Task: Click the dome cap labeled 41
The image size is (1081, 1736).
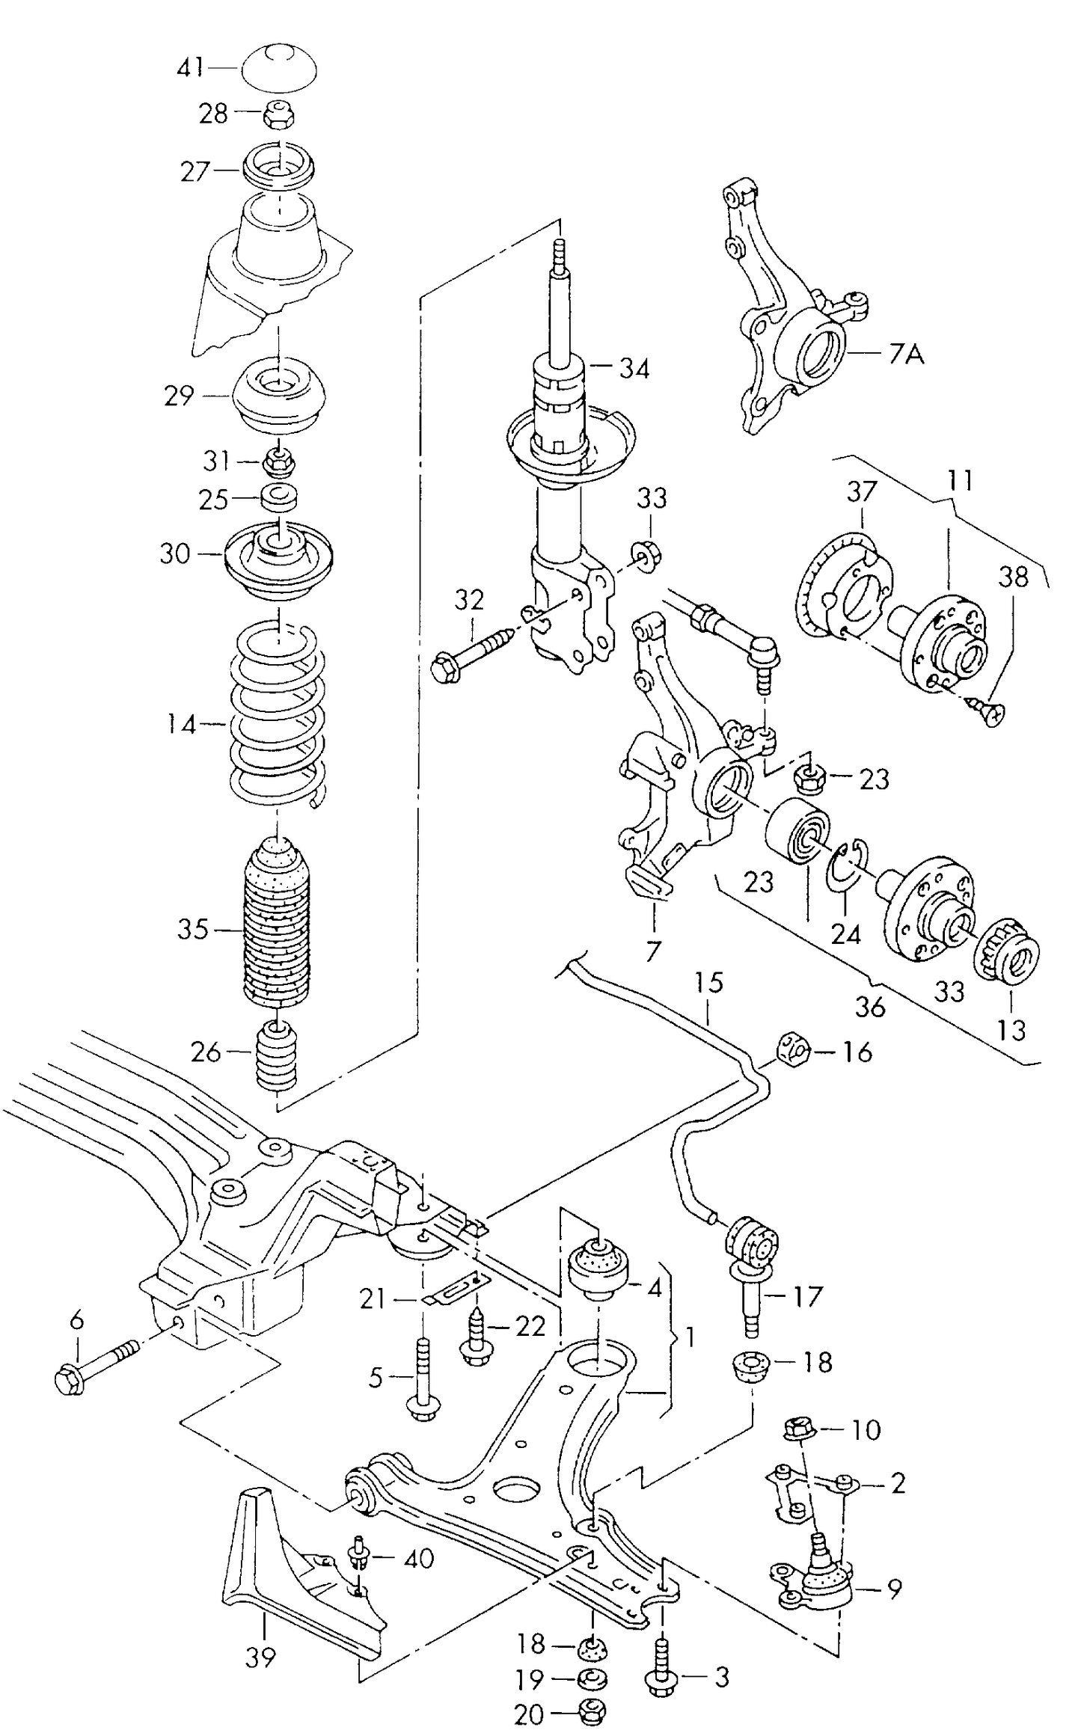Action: click(x=278, y=68)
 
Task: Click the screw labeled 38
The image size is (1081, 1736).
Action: click(x=990, y=711)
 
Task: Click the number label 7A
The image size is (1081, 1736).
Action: click(x=907, y=355)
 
